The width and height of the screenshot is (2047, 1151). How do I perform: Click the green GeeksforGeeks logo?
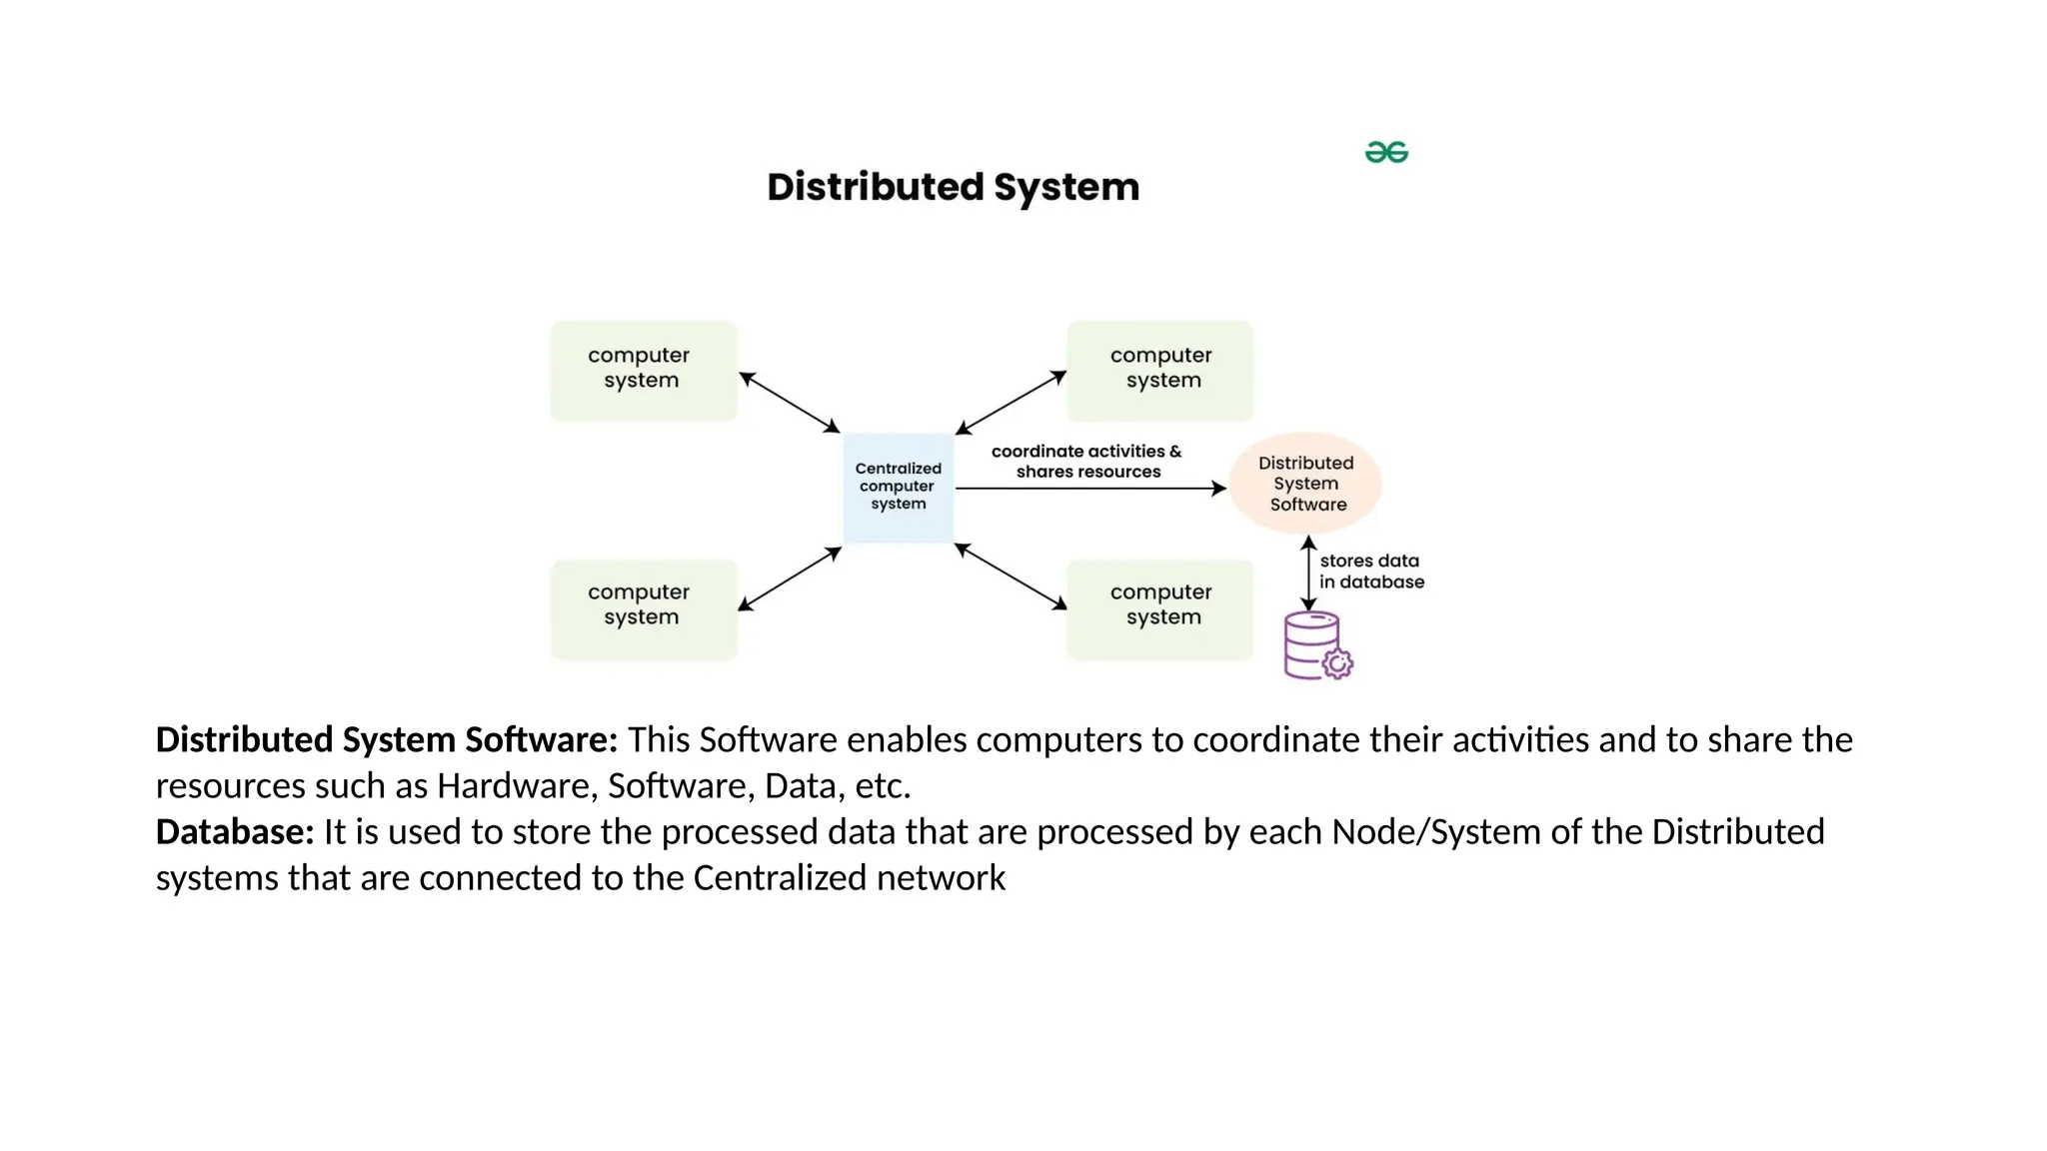point(1386,152)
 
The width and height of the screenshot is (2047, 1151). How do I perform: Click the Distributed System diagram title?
point(953,187)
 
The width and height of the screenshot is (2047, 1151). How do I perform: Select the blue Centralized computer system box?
point(898,487)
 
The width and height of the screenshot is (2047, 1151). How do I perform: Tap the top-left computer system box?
point(643,370)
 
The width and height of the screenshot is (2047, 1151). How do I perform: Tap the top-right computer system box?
point(1159,370)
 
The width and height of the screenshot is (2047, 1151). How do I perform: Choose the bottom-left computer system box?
point(643,607)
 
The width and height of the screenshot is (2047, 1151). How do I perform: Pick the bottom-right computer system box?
point(1159,607)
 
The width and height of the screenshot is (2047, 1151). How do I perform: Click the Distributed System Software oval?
point(1305,484)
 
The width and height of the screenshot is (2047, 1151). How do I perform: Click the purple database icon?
point(1311,643)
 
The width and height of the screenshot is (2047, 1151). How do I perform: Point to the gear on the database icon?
point(1337,663)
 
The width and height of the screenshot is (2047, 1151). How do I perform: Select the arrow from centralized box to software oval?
point(1089,489)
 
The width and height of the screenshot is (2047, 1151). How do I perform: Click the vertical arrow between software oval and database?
point(1308,574)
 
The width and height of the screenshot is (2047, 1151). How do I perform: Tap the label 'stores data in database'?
point(1370,572)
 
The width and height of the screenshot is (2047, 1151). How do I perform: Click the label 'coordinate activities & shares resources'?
point(1087,462)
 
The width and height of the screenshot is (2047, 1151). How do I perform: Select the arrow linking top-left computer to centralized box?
point(790,403)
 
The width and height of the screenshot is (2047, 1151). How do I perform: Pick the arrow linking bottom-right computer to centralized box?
point(1011,576)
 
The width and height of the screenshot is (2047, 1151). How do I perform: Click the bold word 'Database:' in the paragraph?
point(235,832)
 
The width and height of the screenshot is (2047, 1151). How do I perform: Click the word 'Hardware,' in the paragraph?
point(517,786)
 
